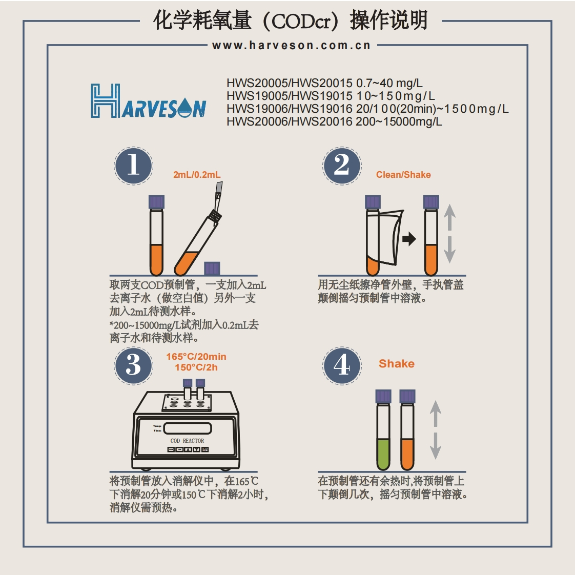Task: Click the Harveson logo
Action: [149, 101]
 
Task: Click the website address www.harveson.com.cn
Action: [291, 46]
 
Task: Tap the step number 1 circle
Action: [133, 165]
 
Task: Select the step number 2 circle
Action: [342, 165]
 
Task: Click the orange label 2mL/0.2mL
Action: [197, 175]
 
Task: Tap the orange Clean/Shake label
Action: [403, 175]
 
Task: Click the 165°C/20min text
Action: [196, 357]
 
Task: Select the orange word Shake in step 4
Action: [396, 364]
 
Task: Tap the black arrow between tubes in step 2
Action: [409, 239]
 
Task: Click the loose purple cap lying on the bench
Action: [212, 268]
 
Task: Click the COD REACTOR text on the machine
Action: [187, 441]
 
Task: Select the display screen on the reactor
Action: [188, 428]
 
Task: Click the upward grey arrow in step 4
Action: [435, 413]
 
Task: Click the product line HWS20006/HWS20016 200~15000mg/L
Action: [334, 122]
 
